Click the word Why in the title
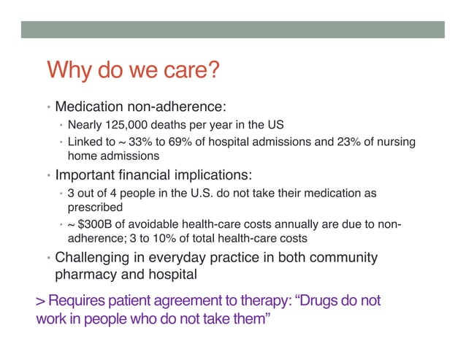[68, 72]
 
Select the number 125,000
[126, 123]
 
